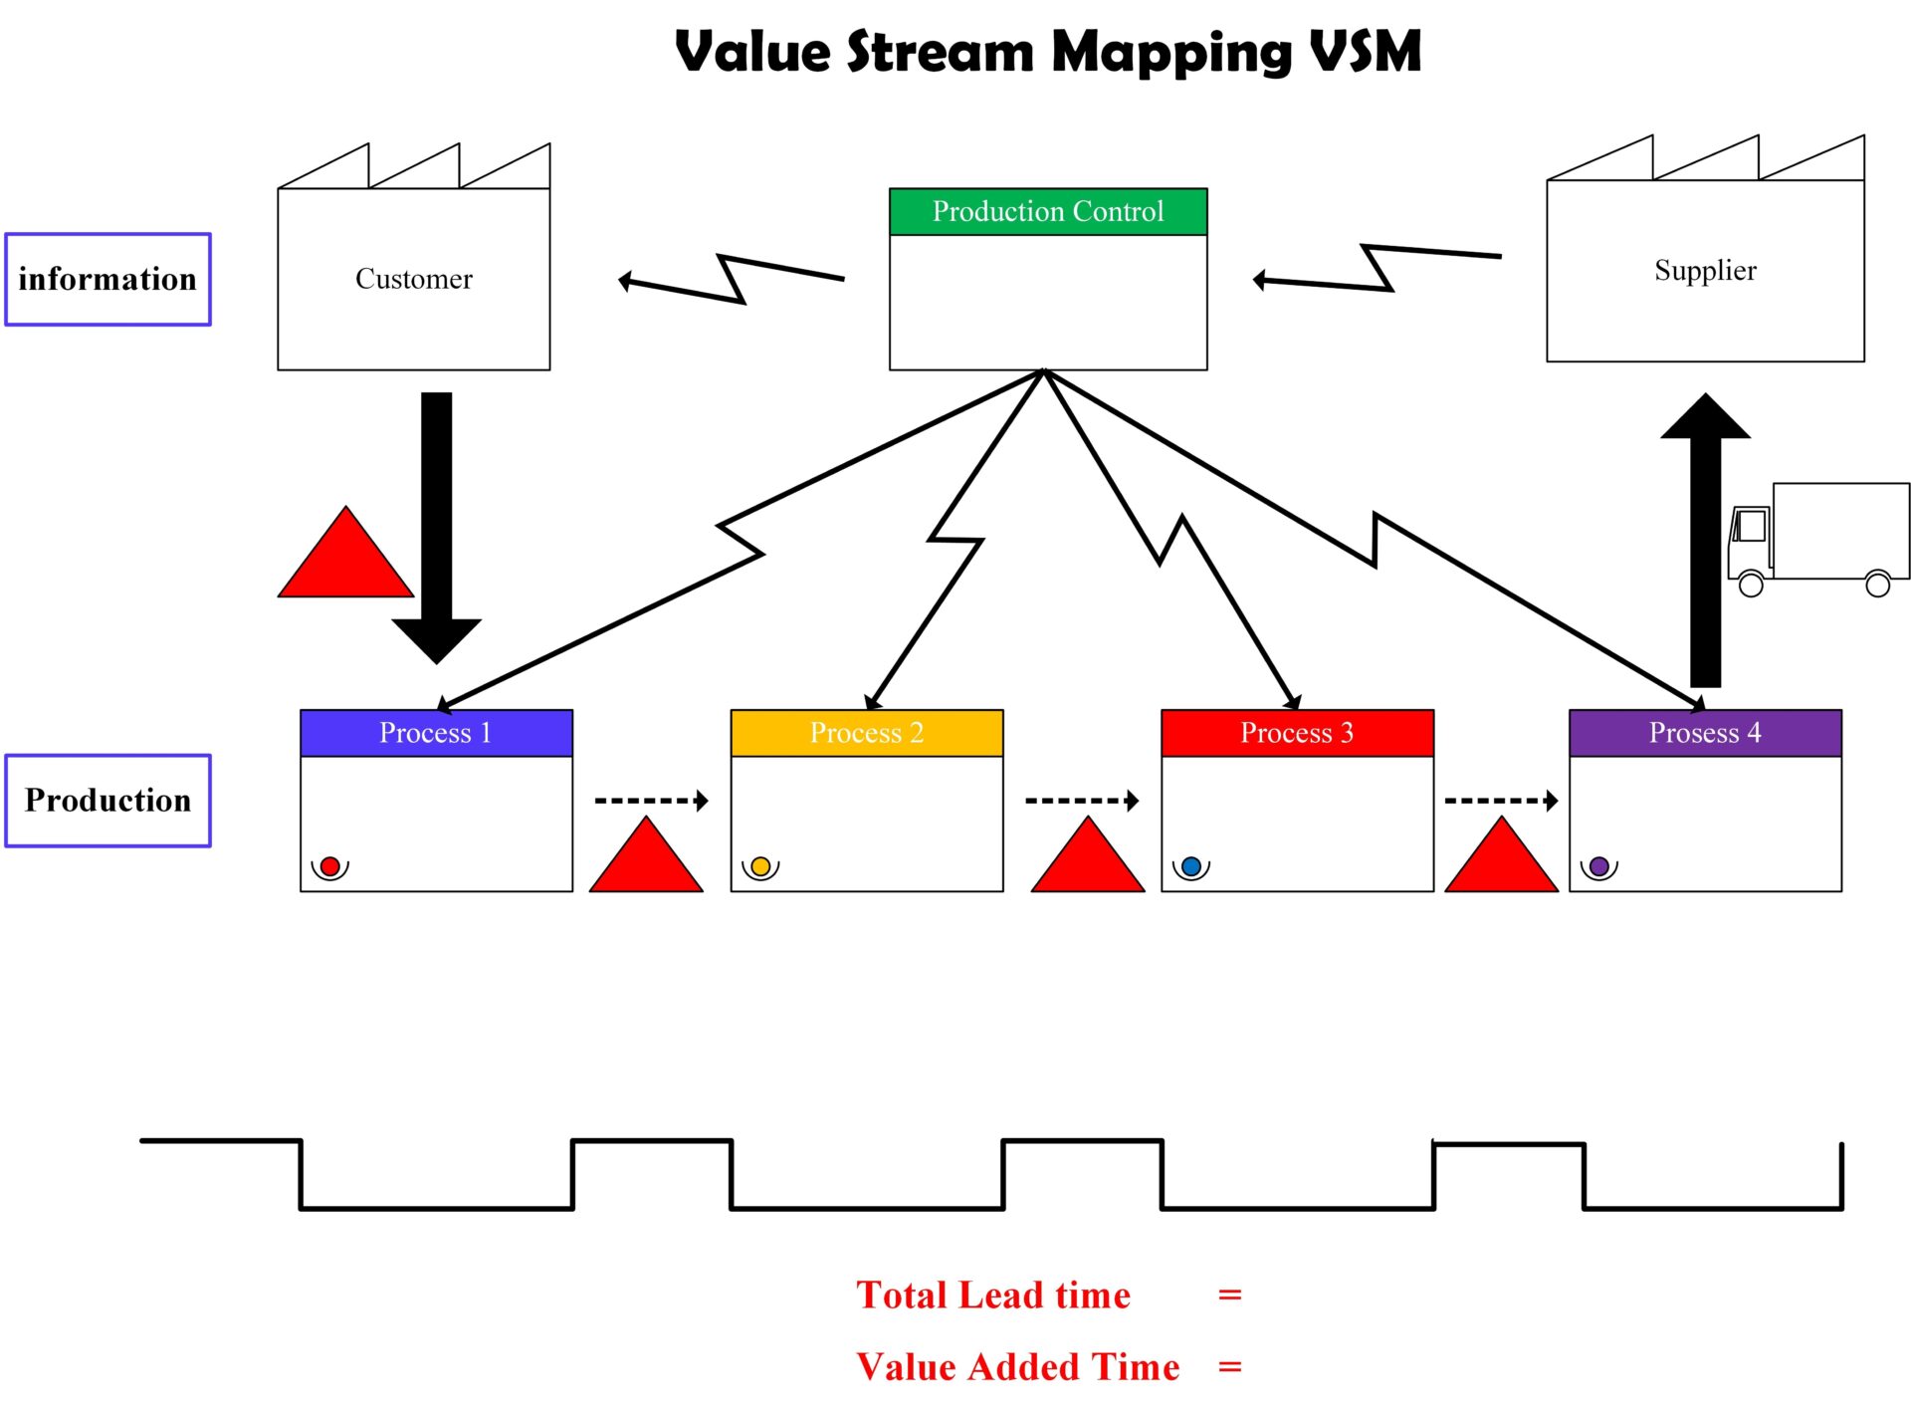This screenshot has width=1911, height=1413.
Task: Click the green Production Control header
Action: coord(1047,211)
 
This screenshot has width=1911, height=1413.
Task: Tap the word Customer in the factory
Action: coord(414,279)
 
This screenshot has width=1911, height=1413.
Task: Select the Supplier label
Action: coord(1705,270)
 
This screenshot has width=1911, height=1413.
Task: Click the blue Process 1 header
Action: coord(436,733)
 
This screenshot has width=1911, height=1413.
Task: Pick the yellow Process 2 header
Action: coord(866,733)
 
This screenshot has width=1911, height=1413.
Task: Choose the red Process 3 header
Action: coord(1296,733)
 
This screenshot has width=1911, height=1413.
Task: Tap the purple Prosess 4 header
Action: coord(1704,733)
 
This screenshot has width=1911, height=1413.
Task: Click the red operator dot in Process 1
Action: coord(329,866)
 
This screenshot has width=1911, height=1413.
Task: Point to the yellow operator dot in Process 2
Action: coord(760,866)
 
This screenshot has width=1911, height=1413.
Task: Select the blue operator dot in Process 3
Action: coord(1190,866)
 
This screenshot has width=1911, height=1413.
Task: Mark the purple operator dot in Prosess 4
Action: coord(1598,866)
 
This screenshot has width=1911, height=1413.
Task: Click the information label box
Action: coord(107,279)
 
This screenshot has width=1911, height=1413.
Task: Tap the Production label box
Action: coord(107,801)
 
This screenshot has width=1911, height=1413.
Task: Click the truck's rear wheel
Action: coord(1877,585)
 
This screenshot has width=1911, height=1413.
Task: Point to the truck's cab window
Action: coord(1751,525)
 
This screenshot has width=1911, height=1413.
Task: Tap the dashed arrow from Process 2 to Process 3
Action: coord(1081,801)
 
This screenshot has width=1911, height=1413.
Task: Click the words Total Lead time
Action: coord(992,1295)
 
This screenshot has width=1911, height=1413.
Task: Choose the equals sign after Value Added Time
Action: coord(1230,1367)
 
